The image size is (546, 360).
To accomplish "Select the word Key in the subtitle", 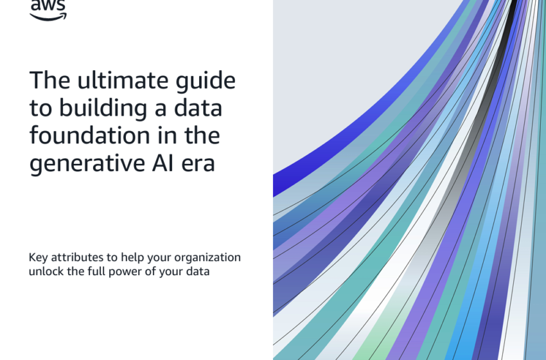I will point(38,258).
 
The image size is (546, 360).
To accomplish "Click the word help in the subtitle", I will point(132,258).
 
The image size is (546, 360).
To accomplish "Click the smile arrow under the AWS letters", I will point(48,17).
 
